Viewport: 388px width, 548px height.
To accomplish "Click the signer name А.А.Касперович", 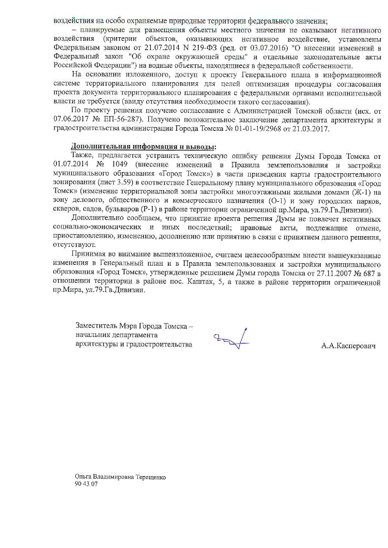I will pos(348,346).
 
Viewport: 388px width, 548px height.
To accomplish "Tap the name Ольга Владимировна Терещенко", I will pos(120,477).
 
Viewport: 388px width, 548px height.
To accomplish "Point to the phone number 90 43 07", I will pos(86,484).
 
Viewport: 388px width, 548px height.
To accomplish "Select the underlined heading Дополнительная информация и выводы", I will pos(144,147).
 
